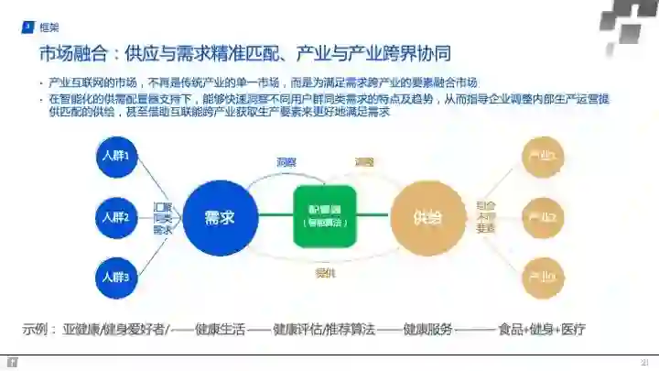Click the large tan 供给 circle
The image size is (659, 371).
click(427, 217)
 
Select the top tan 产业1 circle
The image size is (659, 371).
click(542, 157)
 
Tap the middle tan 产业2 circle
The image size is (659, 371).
click(542, 217)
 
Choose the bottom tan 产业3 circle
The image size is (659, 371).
click(542, 277)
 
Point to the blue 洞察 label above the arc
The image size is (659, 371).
click(286, 162)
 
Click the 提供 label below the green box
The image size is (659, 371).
click(324, 272)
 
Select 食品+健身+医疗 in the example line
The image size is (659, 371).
click(541, 329)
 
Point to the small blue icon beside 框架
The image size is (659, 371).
click(27, 27)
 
